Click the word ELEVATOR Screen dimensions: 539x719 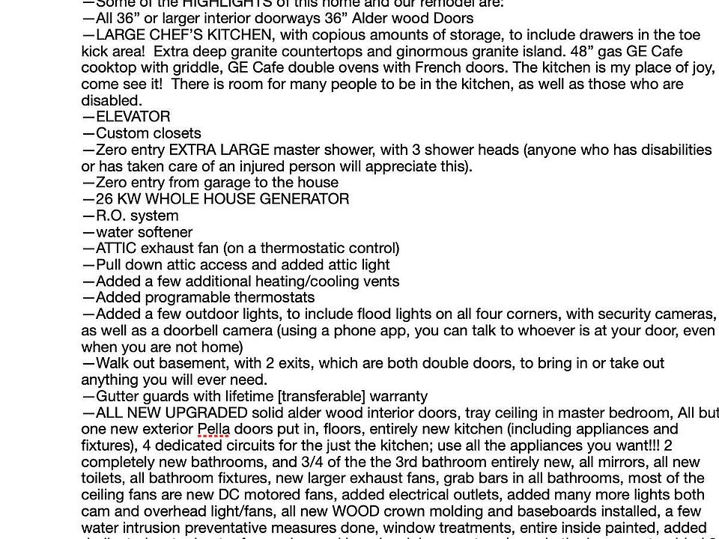tap(133, 117)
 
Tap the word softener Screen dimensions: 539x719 tap(163, 232)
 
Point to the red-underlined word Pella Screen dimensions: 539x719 tap(213, 430)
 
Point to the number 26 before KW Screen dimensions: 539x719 tap(104, 199)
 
